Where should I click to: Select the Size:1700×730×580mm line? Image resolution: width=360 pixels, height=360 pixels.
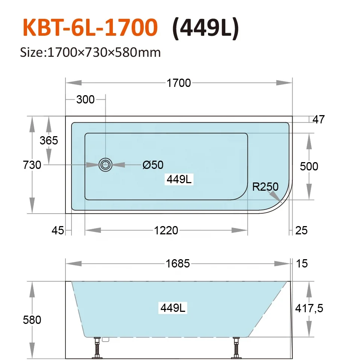pos(90,52)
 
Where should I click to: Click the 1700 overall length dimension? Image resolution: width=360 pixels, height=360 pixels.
pos(179,83)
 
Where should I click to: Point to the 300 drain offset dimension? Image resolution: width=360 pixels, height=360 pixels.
pos(85,100)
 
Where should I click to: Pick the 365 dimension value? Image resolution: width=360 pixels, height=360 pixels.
pos(49,140)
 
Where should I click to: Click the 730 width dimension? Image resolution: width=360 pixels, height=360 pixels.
pos(32,165)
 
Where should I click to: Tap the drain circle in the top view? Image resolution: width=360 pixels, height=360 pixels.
pos(105,165)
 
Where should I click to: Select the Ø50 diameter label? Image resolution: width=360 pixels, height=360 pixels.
pos(153,165)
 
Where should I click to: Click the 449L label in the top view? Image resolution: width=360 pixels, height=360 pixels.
pos(179,179)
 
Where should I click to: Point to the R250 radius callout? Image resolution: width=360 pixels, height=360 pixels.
pos(265,187)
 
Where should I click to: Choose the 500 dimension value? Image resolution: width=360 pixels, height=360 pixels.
pos(309,166)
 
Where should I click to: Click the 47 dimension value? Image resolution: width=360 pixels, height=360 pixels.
pos(318,120)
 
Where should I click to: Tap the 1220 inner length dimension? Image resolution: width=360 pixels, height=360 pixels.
pos(166,230)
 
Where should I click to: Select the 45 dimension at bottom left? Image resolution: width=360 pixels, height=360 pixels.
pos(58,230)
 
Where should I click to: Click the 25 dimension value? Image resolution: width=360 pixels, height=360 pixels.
pos(301,230)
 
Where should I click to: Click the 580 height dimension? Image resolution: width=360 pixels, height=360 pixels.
pos(32,320)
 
